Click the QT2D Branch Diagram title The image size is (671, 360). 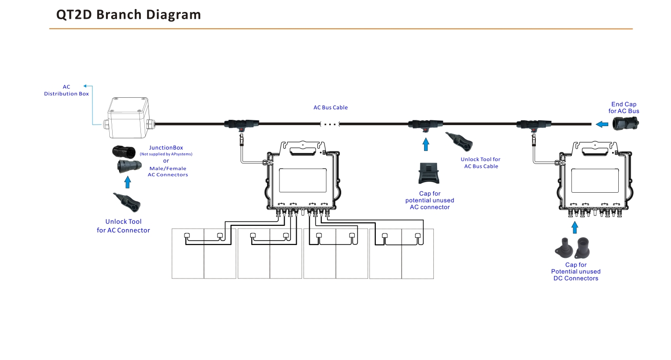(x=128, y=15)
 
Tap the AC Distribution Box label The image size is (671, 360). (x=67, y=90)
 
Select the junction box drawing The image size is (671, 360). (x=129, y=118)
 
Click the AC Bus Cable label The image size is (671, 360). (x=330, y=107)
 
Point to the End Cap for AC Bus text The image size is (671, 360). (x=624, y=107)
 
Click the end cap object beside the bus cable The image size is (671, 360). (x=625, y=124)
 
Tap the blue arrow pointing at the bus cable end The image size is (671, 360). (x=602, y=124)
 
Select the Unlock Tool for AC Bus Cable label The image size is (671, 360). (x=480, y=163)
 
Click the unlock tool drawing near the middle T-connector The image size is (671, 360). (x=459, y=141)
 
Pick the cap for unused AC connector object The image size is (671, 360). (x=428, y=173)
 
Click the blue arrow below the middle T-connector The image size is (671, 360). (x=426, y=144)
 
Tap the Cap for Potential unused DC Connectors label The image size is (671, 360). (x=576, y=271)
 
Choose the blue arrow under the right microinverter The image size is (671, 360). (x=575, y=227)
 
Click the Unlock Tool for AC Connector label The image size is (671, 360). (x=123, y=226)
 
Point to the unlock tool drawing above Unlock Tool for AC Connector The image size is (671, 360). (x=127, y=202)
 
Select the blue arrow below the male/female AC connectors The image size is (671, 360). (x=127, y=182)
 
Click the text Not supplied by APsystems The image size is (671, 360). (x=166, y=154)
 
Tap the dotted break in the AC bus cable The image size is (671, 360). (x=330, y=124)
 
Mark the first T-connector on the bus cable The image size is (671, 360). (x=242, y=124)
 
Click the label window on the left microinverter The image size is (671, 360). (x=303, y=180)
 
